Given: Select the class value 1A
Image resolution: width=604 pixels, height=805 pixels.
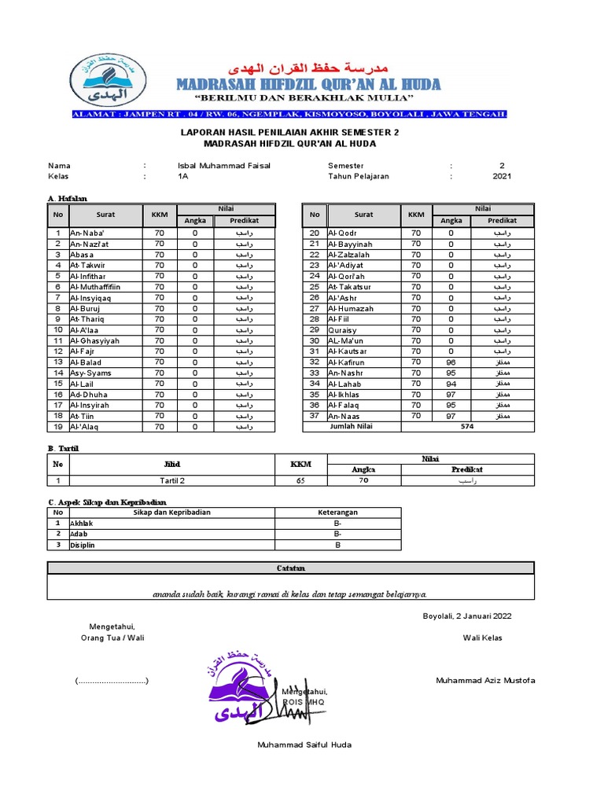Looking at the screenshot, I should pyautogui.click(x=183, y=177).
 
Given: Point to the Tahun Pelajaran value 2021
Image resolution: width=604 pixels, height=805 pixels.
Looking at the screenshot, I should pyautogui.click(x=502, y=177).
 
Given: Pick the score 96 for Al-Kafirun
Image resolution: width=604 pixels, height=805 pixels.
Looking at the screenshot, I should pyautogui.click(x=451, y=362).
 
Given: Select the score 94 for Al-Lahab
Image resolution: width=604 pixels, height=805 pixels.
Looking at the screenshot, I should pyautogui.click(x=451, y=384).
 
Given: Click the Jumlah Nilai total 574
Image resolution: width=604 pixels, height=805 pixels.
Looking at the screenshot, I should pyautogui.click(x=467, y=427).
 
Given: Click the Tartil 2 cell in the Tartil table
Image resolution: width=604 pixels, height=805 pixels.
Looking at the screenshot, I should pyautogui.click(x=171, y=480).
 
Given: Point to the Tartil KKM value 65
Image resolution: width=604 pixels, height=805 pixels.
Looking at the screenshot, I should pyautogui.click(x=300, y=480).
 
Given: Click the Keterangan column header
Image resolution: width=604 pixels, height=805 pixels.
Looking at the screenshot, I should pyautogui.click(x=337, y=513).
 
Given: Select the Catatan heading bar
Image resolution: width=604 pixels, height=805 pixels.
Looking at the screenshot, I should pyautogui.click(x=290, y=568).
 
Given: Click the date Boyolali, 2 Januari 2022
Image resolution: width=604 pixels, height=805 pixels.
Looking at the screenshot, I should pyautogui.click(x=467, y=616).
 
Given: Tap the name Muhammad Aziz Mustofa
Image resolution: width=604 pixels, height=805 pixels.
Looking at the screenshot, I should pyautogui.click(x=485, y=680).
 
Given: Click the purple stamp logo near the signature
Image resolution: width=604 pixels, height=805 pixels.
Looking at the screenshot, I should pyautogui.click(x=244, y=690).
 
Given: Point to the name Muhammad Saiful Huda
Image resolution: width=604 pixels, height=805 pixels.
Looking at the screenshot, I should pyautogui.click(x=304, y=744).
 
